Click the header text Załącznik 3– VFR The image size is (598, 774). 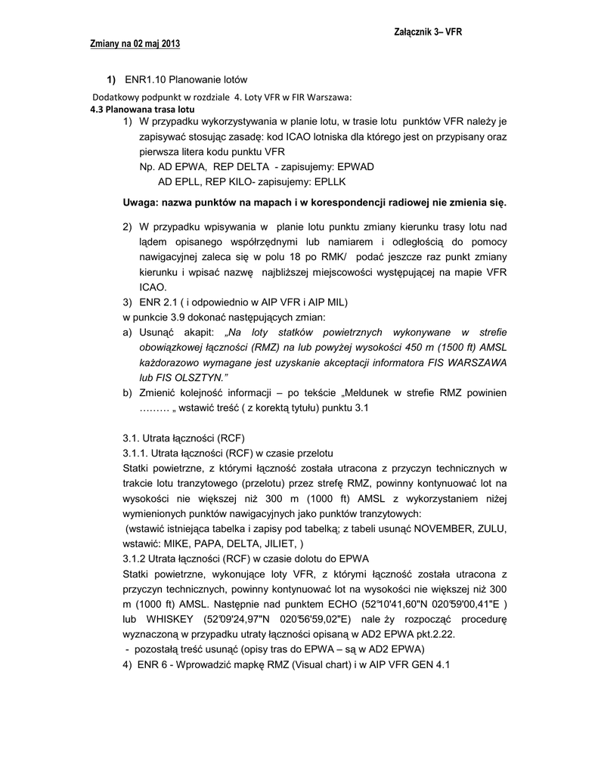click(428, 33)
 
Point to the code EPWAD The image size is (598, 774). click(355, 167)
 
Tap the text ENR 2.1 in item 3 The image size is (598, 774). click(156, 302)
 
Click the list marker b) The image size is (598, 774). click(128, 393)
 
